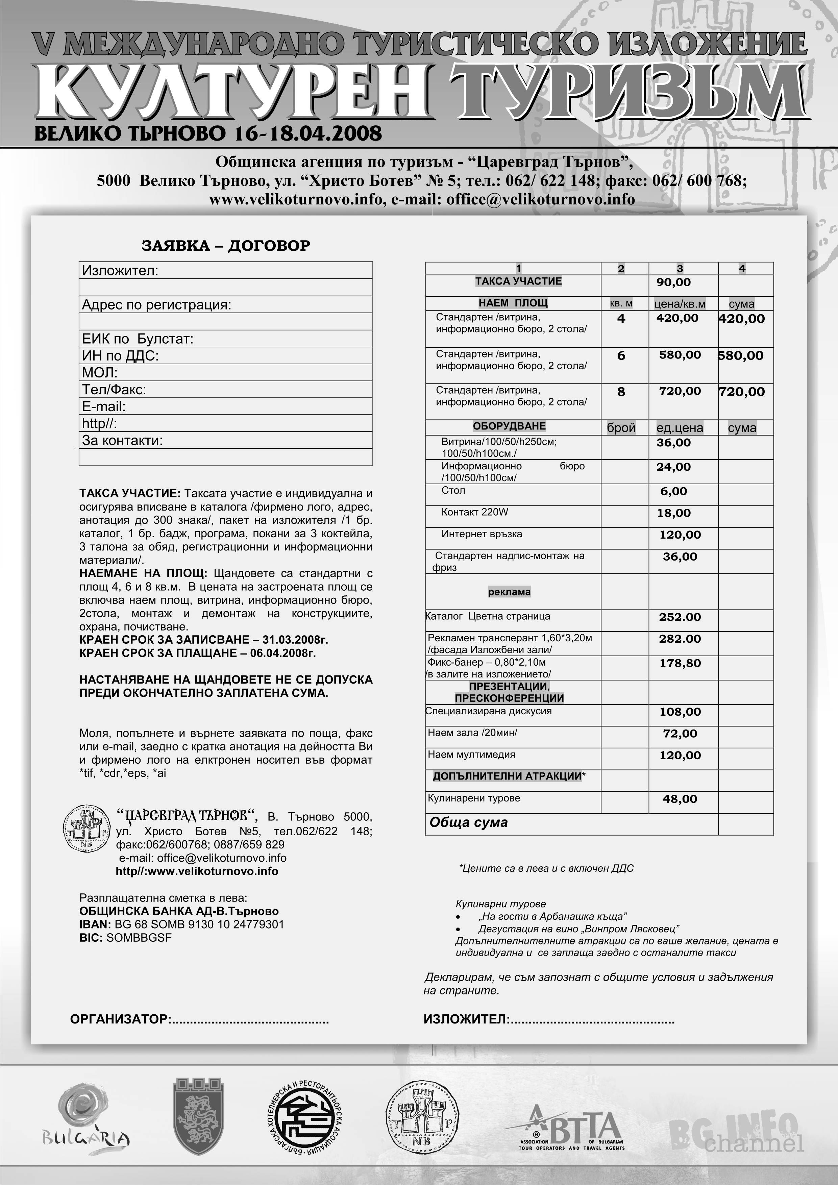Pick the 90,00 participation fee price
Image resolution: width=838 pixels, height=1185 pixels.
click(673, 282)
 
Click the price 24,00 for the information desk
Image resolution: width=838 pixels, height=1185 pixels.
click(673, 467)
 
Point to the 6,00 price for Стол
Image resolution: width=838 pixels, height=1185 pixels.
click(673, 491)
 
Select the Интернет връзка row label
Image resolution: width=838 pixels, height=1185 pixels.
click(482, 534)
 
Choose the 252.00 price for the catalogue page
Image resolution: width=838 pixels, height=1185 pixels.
click(680, 617)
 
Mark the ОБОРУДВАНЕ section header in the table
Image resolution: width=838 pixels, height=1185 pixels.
click(509, 426)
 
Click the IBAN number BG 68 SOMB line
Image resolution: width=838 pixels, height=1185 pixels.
click(182, 924)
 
